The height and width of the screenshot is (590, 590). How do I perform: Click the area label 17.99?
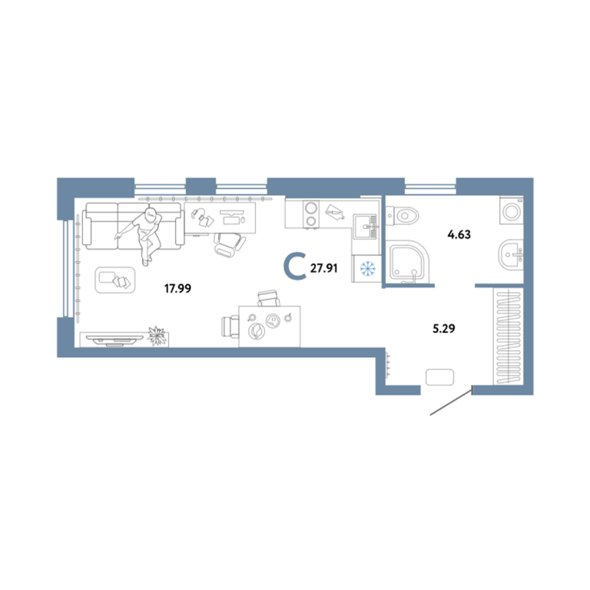177,289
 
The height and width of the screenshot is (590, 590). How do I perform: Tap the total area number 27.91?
323,268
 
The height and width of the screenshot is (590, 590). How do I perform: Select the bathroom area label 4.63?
459,235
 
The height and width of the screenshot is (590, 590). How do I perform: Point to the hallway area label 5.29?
444,329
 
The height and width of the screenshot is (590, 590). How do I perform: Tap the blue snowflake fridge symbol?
368,269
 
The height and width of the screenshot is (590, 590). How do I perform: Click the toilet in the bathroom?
403,216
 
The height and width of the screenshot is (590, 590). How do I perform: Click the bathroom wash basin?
511,255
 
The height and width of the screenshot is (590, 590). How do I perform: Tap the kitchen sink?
365,226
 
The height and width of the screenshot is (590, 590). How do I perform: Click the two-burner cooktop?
311,214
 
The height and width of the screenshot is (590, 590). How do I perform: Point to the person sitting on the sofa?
144,234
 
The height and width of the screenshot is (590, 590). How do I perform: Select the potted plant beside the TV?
157,336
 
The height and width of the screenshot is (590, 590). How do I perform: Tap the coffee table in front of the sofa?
114,280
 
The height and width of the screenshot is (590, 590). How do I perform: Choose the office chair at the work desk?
230,244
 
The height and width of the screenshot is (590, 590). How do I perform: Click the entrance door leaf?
451,403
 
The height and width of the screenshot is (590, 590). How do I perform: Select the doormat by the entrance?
439,377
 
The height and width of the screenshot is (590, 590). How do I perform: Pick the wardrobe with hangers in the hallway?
509,336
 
